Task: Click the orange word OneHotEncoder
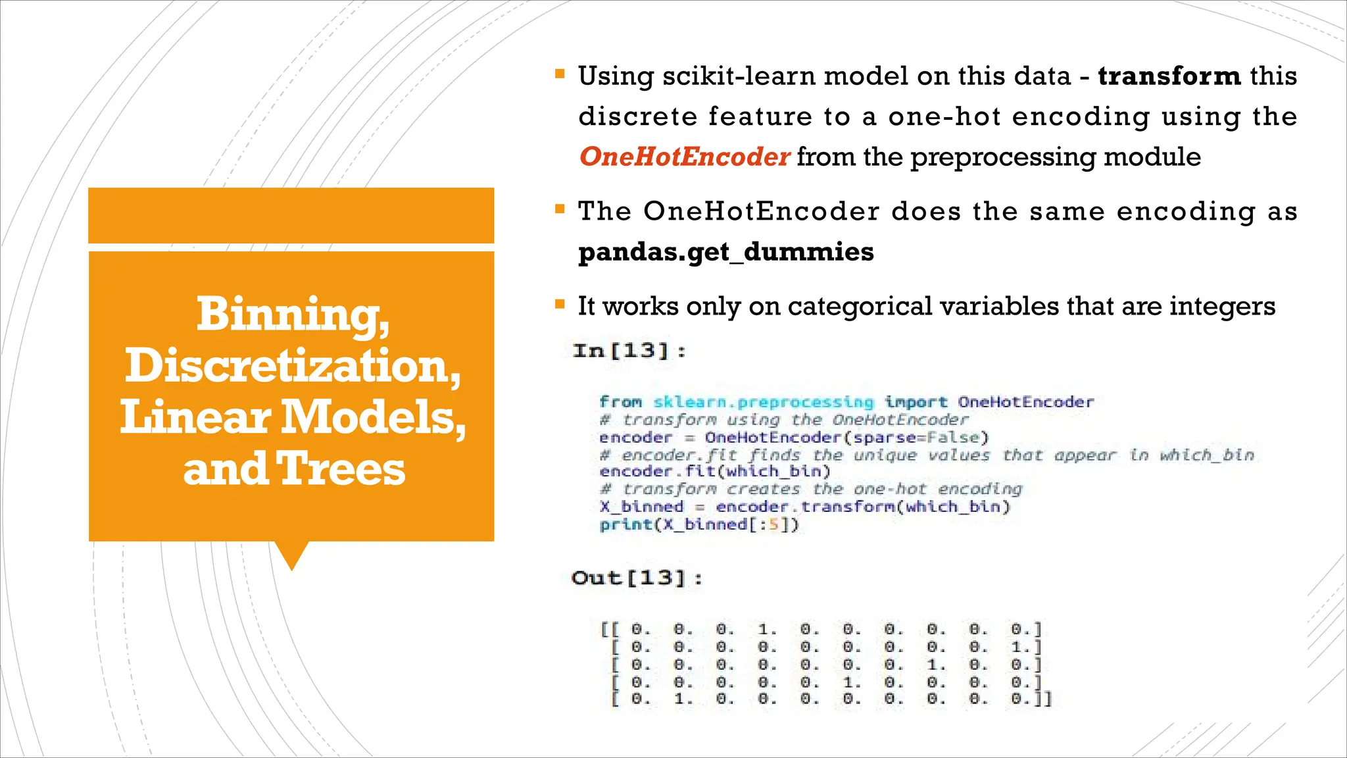[x=684, y=157]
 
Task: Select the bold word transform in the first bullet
[x=1169, y=76]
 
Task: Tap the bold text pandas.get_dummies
[x=725, y=252]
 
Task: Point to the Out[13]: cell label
[x=637, y=578]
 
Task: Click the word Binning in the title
[x=293, y=315]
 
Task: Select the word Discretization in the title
[x=293, y=366]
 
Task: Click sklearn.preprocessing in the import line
[x=763, y=402]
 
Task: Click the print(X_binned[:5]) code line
[x=698, y=524]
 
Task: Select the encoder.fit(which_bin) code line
[x=715, y=472]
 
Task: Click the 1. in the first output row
[x=767, y=630]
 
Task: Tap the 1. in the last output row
[x=683, y=699]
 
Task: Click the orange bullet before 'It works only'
[x=560, y=304]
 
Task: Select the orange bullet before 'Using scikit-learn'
[x=560, y=74]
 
